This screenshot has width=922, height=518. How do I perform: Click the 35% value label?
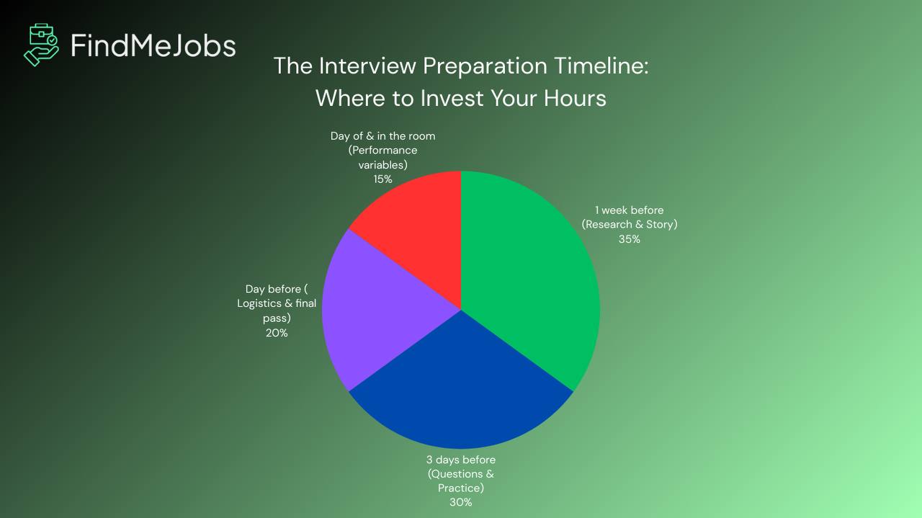tap(629, 238)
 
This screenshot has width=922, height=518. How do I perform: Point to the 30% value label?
tap(460, 502)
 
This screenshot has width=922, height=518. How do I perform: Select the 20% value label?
tap(277, 333)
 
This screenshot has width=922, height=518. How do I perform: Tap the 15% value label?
tap(382, 179)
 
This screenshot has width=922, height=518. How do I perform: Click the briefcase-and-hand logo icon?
tap(41, 45)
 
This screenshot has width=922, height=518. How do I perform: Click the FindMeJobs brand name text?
tap(153, 45)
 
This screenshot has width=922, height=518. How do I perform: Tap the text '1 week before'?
tap(629, 210)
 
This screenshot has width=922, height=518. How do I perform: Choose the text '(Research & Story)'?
tap(629, 224)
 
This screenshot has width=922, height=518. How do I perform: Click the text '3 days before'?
tap(460, 460)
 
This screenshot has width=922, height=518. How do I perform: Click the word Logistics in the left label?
tap(259, 303)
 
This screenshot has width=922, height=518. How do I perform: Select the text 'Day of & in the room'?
tap(382, 135)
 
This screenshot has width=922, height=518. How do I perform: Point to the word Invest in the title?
tap(452, 97)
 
